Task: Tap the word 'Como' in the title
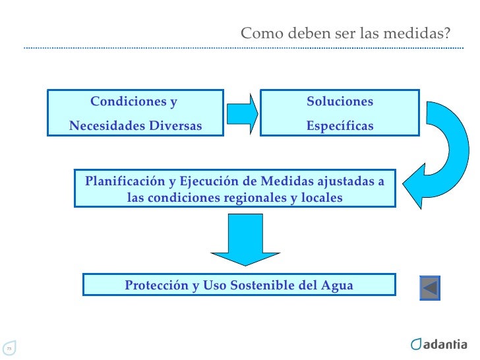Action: point(256,33)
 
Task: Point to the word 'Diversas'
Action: point(175,126)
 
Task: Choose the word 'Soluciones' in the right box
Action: point(340,102)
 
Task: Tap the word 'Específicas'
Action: point(340,126)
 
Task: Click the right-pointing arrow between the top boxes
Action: point(241,113)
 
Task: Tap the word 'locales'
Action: point(321,197)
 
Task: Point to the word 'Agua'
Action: point(337,285)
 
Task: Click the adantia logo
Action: point(438,344)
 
